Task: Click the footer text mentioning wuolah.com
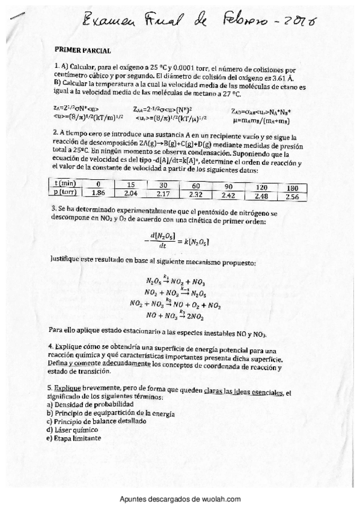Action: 180,499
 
